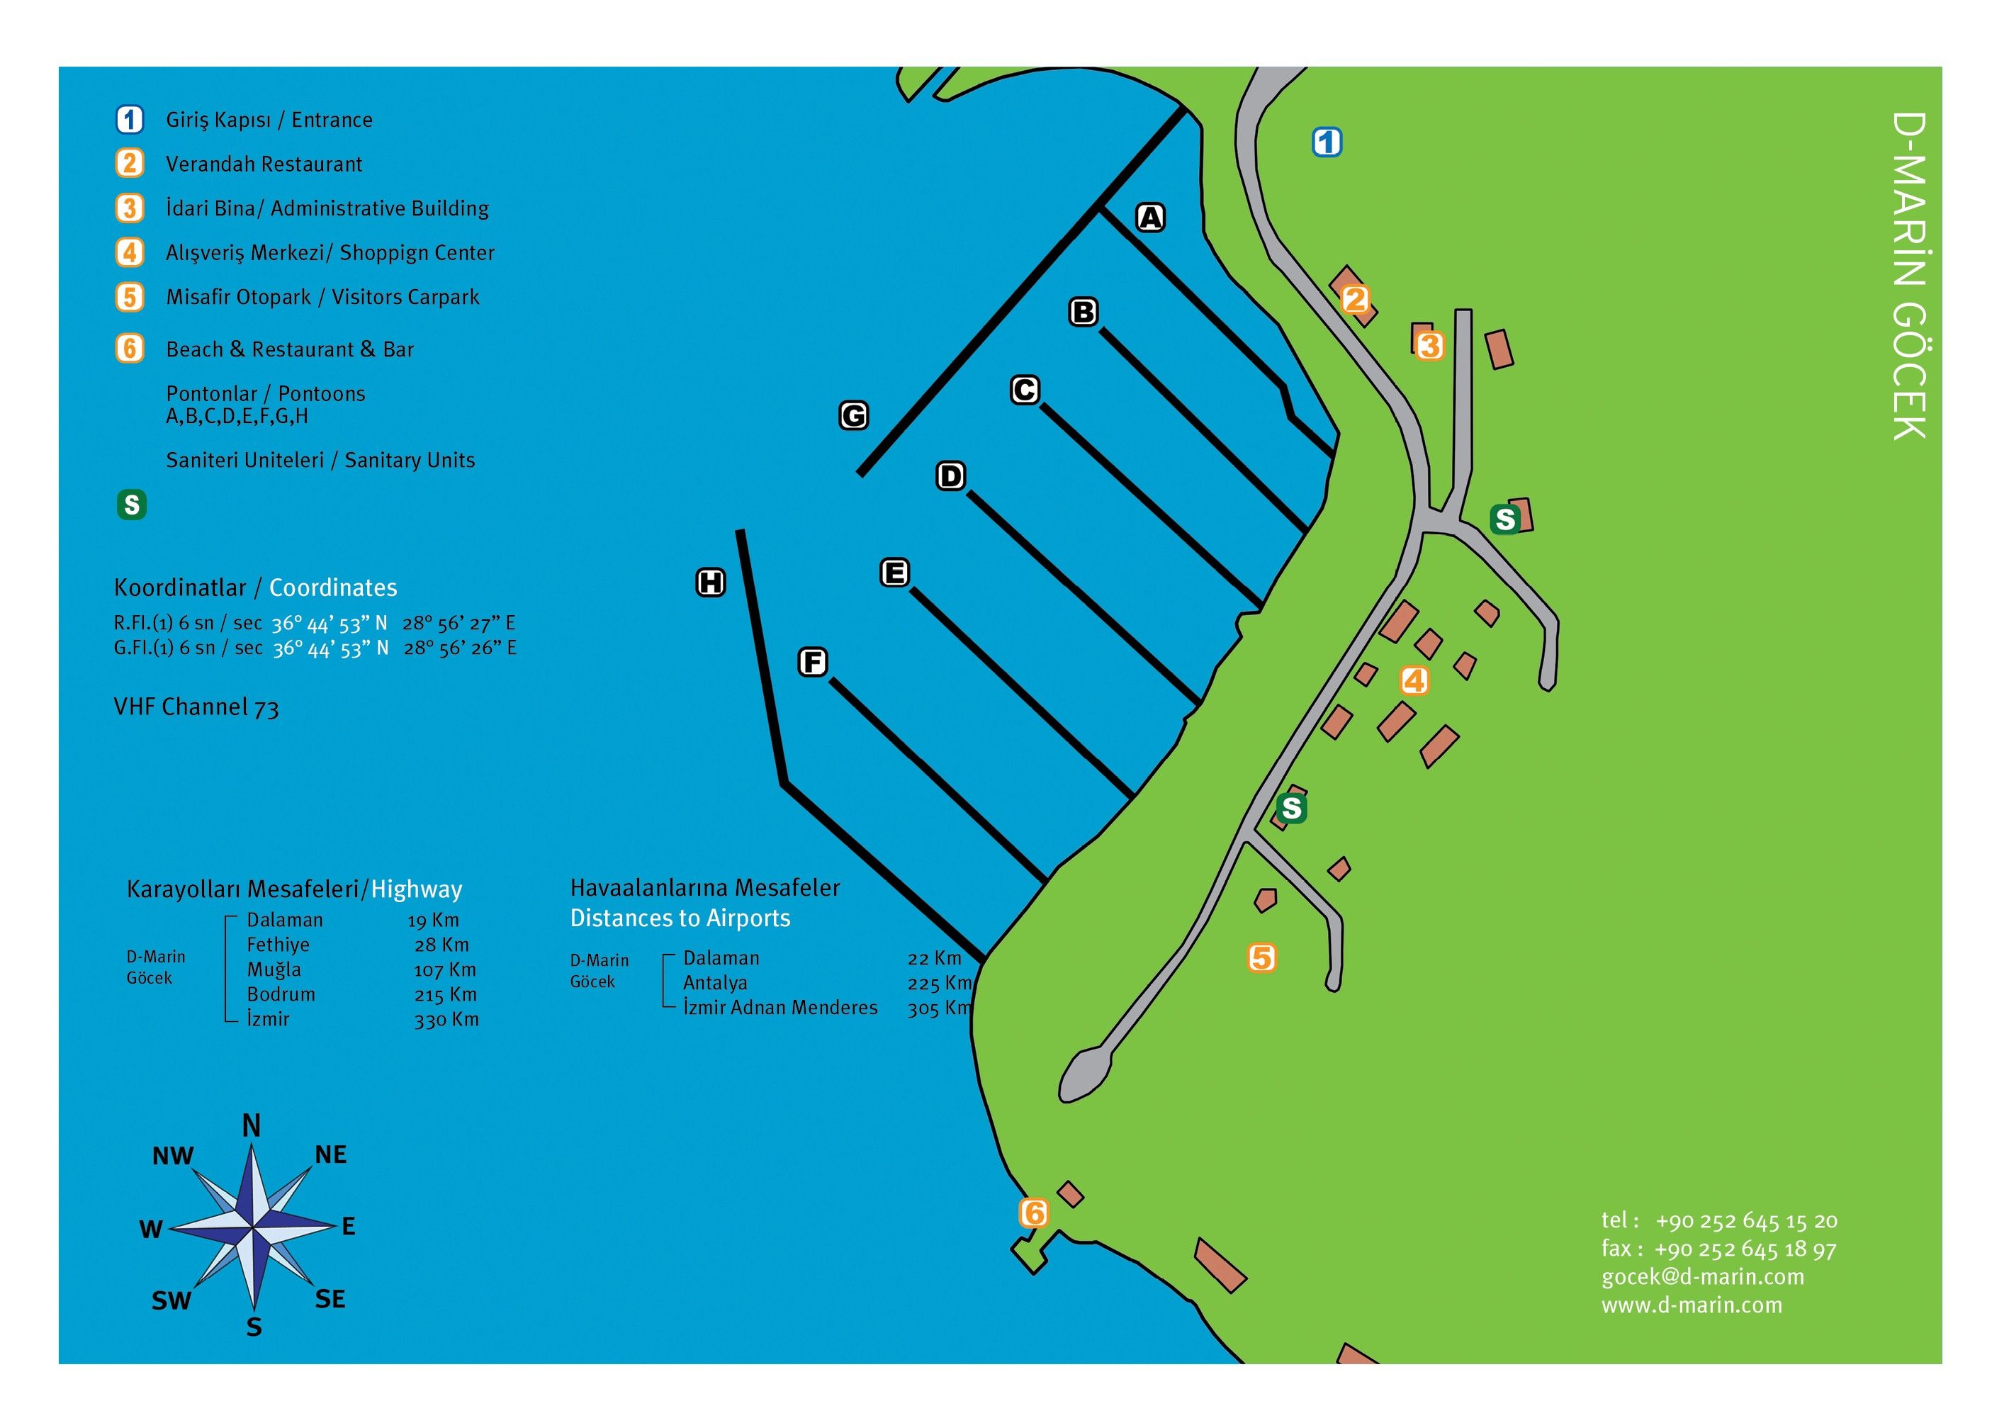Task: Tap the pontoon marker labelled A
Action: coord(1150,218)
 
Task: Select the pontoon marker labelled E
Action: coord(894,573)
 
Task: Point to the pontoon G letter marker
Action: coord(853,415)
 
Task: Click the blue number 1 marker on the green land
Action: coord(1327,142)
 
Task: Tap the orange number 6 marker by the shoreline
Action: coord(1034,1213)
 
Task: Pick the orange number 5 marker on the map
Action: coord(1261,957)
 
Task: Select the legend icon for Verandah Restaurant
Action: coord(130,164)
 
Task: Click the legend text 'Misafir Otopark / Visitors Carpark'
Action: coord(322,297)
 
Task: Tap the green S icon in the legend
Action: coord(131,505)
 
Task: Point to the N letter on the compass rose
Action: coord(252,1126)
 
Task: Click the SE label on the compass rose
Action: coord(330,1298)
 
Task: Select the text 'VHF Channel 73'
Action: coord(196,707)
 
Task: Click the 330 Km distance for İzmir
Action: coord(446,1020)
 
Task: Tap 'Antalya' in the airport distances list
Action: coord(715,983)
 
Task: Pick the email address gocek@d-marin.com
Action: coord(1702,1277)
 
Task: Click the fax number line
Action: coord(1718,1249)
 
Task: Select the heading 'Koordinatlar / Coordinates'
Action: coord(255,588)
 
